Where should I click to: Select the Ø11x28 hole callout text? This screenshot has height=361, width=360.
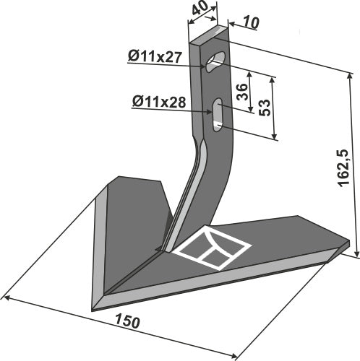click(x=159, y=103)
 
